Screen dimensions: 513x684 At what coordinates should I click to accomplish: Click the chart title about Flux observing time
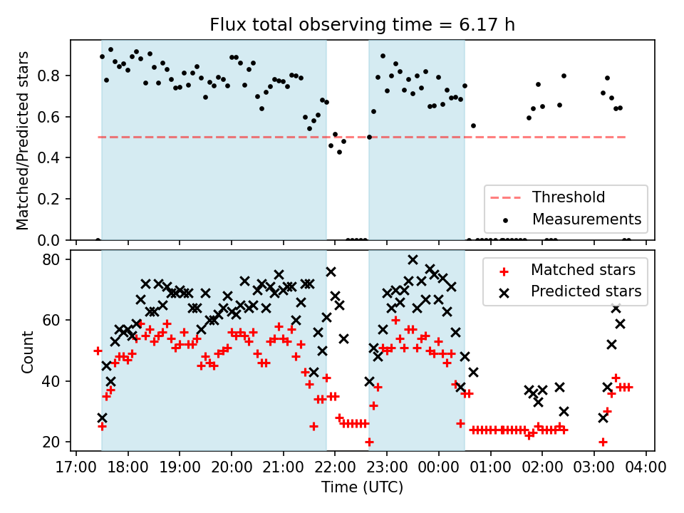[x=362, y=25]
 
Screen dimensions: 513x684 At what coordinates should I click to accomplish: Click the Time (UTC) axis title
[x=362, y=488]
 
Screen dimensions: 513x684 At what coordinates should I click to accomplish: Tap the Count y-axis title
[x=27, y=351]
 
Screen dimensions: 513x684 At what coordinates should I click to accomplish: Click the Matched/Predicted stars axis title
[x=23, y=140]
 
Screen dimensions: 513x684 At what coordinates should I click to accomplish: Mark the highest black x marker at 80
[x=413, y=259]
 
